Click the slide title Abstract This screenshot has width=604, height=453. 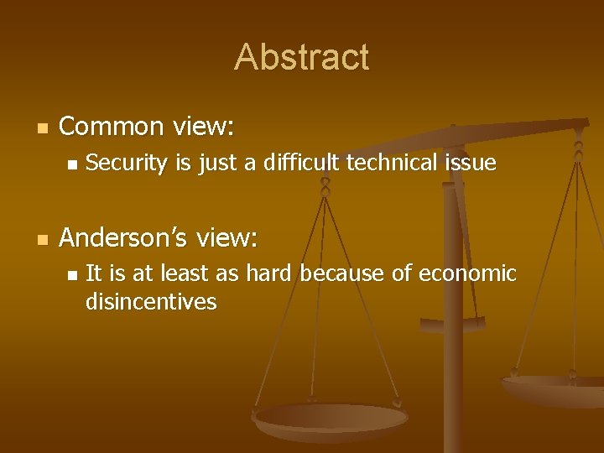301,57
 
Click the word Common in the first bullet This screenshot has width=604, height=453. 112,127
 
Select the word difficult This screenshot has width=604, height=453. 303,163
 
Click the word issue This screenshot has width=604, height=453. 471,163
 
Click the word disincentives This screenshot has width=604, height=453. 151,302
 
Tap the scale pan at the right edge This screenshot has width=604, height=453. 558,389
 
